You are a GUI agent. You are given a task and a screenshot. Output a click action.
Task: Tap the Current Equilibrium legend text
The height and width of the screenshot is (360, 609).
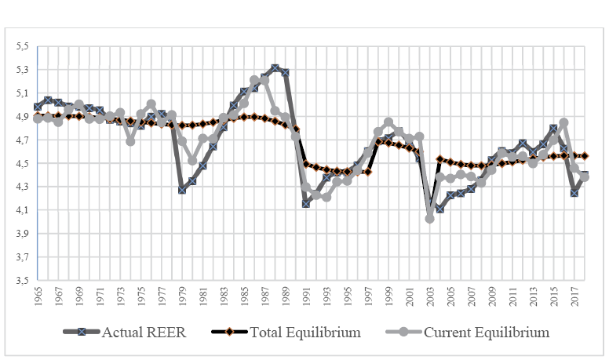tap(486, 332)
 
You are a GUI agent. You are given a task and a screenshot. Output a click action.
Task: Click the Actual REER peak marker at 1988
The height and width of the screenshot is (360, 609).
tap(275, 69)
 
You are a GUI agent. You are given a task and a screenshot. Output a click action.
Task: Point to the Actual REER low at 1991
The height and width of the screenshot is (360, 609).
tap(306, 203)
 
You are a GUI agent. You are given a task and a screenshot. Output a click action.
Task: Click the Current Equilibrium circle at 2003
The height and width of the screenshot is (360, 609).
tap(430, 219)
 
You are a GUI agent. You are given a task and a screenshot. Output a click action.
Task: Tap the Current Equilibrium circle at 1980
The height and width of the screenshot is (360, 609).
tap(192, 160)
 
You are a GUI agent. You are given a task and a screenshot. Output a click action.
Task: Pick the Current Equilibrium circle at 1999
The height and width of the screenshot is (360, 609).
tap(388, 122)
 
